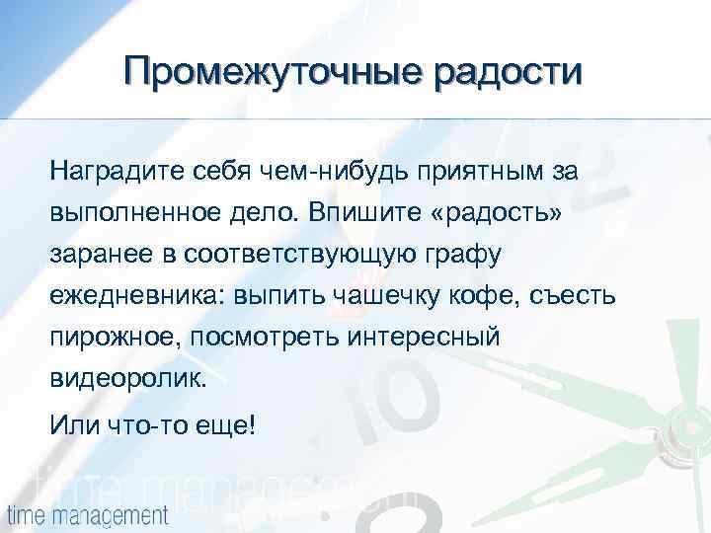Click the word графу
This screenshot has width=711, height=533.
coord(465,255)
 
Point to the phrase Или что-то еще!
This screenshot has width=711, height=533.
coord(153,426)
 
